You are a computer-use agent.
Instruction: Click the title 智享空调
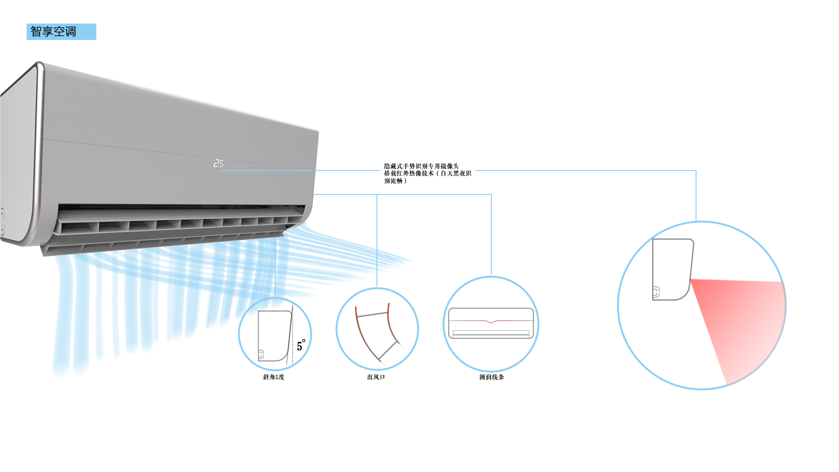53,32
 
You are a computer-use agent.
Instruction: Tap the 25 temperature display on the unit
218,163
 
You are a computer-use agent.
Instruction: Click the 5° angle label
301,345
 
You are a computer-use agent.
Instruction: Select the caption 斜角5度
273,377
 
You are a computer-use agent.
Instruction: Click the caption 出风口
376,377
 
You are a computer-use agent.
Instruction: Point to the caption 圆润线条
491,377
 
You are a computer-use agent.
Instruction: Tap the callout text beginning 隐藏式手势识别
421,166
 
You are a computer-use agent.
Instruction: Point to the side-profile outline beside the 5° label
274,335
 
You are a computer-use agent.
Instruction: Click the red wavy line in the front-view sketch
491,321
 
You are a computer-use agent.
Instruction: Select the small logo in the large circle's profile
656,292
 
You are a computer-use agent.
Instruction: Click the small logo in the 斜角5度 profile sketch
261,354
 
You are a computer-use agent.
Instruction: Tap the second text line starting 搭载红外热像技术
427,173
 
